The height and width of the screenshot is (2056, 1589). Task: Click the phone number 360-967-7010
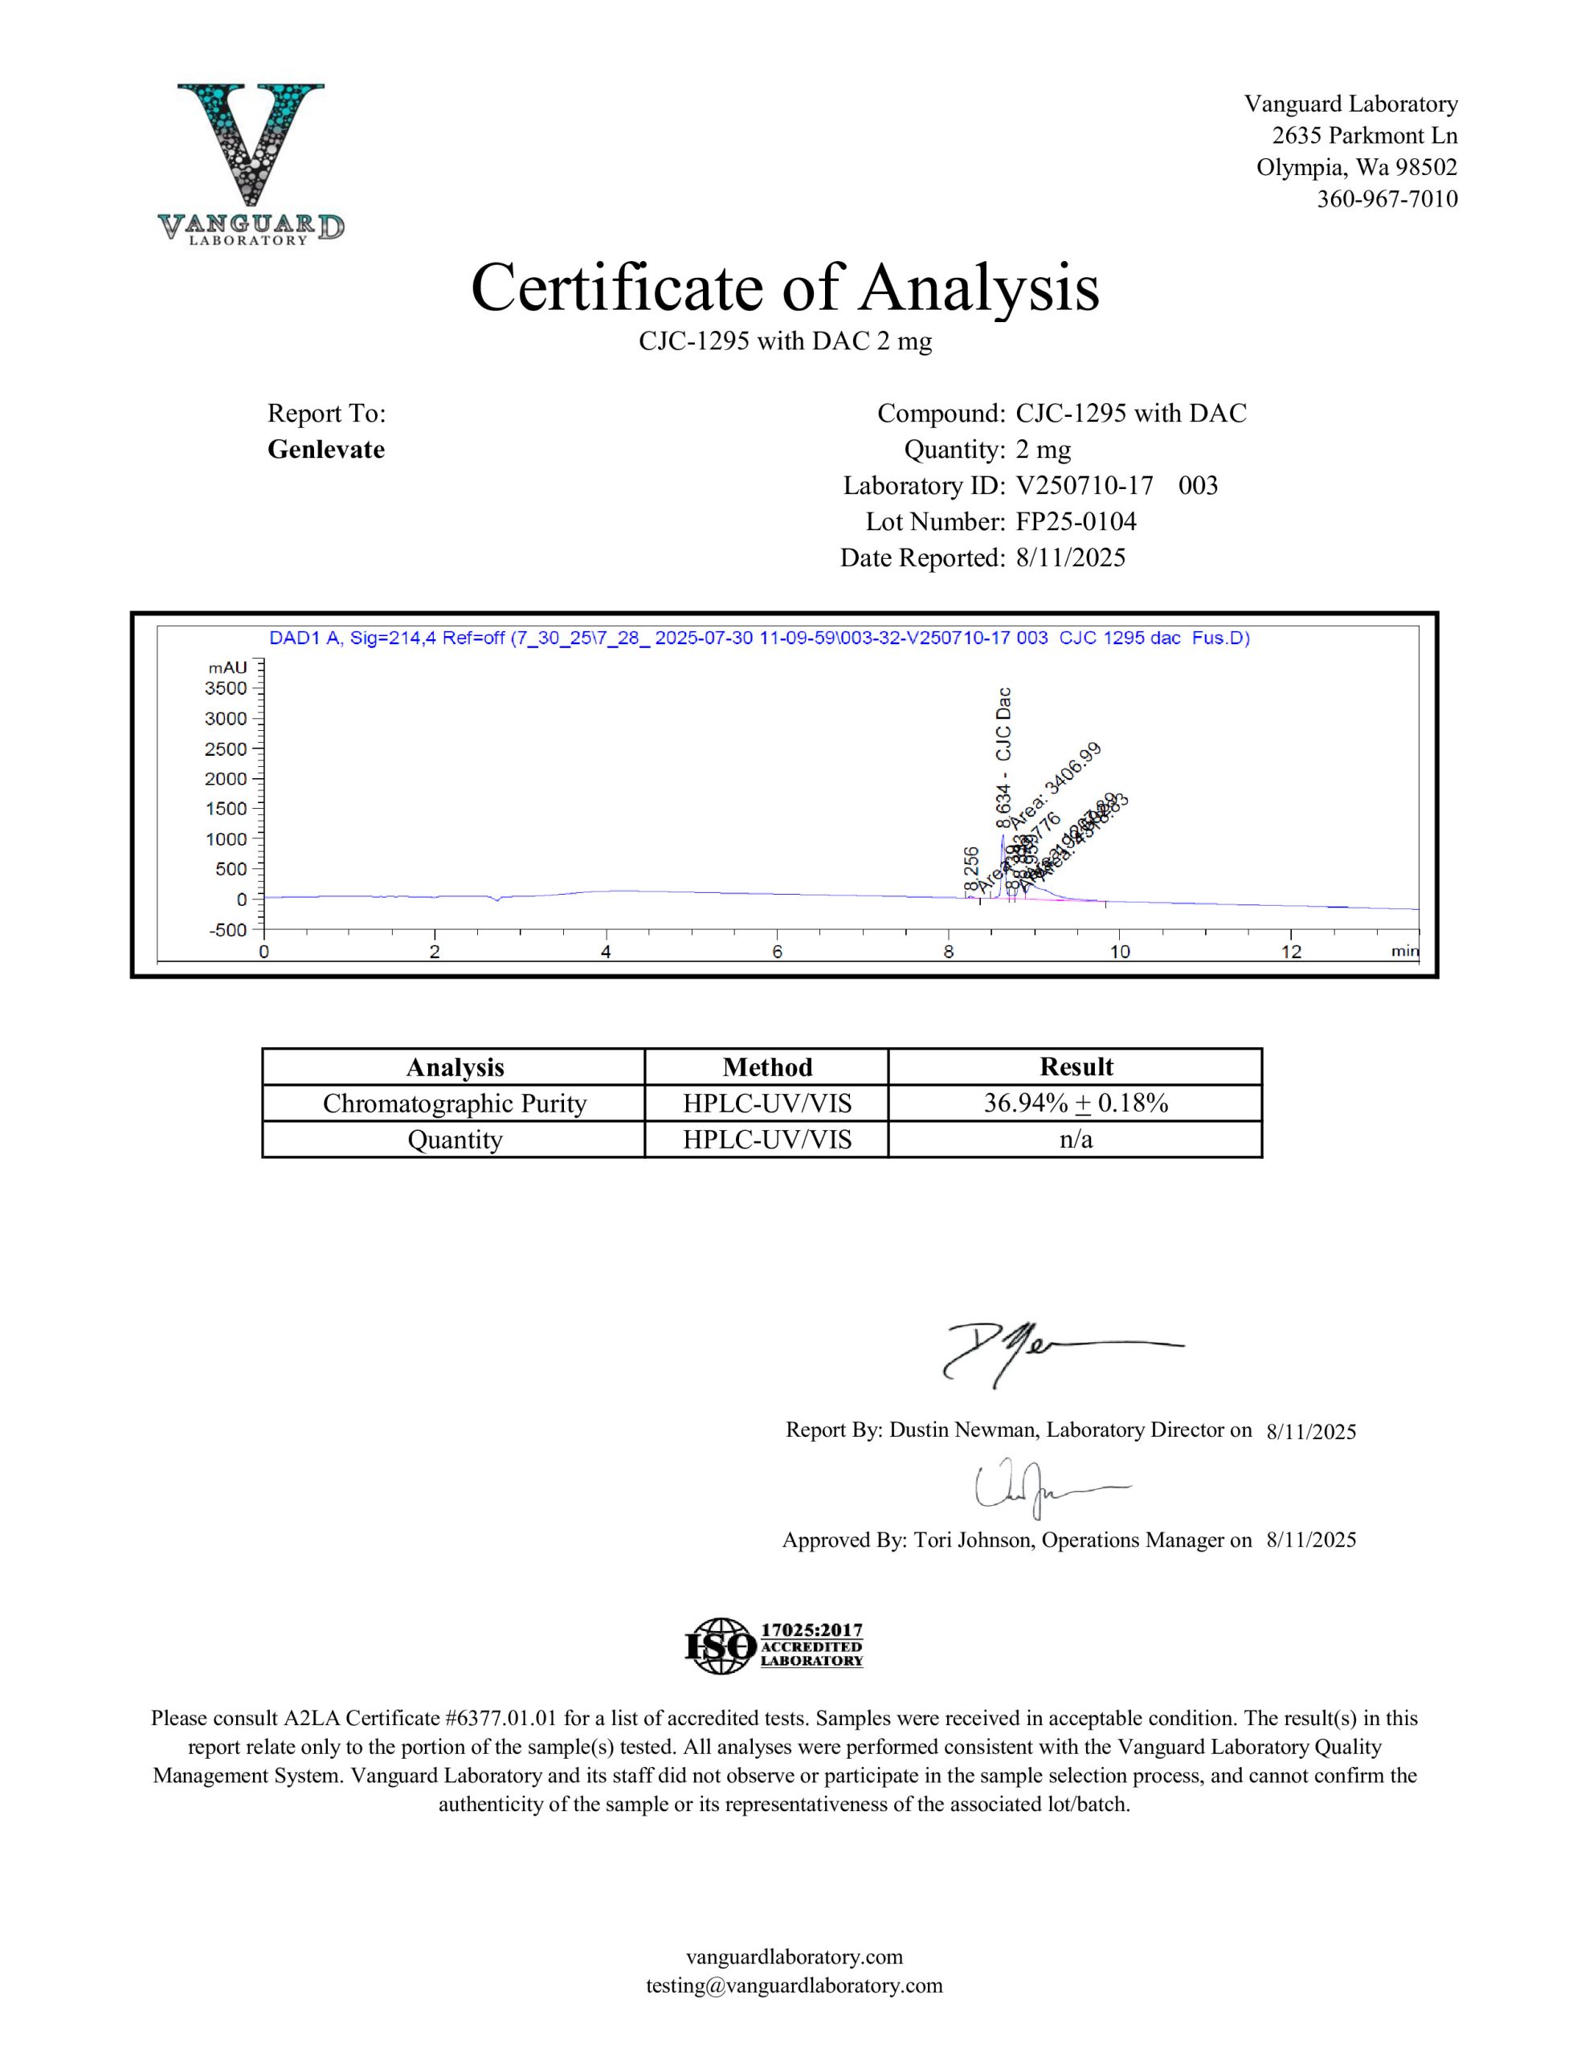coord(1387,199)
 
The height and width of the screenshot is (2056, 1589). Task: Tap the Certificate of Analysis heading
coord(785,288)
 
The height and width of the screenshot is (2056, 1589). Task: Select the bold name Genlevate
coord(326,450)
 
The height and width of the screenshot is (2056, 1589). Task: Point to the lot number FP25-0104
coord(1076,521)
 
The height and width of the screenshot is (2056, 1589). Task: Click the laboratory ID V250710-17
coord(1085,486)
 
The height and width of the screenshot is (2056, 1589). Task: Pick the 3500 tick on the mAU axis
coord(226,688)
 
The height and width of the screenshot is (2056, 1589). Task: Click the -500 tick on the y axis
coord(226,930)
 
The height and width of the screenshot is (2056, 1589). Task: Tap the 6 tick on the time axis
coord(777,952)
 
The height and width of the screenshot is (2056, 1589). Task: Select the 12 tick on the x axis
coord(1290,952)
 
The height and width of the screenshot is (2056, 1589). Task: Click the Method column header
coord(766,1067)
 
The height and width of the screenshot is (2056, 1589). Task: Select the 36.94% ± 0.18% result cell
coord(1076,1103)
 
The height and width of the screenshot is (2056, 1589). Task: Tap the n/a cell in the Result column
coord(1076,1140)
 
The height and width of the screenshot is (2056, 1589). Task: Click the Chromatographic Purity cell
coord(454,1103)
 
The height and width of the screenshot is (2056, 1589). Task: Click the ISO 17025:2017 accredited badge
coord(774,1646)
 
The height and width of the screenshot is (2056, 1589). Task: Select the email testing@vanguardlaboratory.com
coord(794,1985)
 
